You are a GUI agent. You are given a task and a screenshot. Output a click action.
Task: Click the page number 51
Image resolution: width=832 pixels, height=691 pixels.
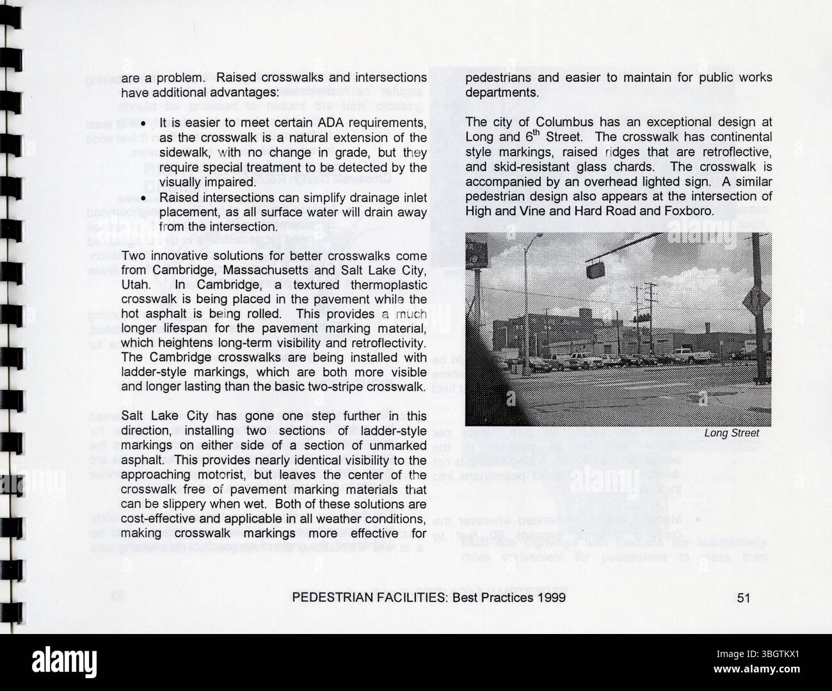click(x=743, y=598)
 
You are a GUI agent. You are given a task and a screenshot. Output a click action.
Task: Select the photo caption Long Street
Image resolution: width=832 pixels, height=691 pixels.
click(x=732, y=434)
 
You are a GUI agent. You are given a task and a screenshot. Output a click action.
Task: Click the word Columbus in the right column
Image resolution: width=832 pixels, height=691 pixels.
click(x=559, y=122)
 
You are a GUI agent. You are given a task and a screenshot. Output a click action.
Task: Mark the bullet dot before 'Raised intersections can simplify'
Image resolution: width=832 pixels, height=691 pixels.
click(x=145, y=198)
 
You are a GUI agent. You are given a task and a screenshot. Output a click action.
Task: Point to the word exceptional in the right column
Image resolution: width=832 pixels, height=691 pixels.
click(x=649, y=122)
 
